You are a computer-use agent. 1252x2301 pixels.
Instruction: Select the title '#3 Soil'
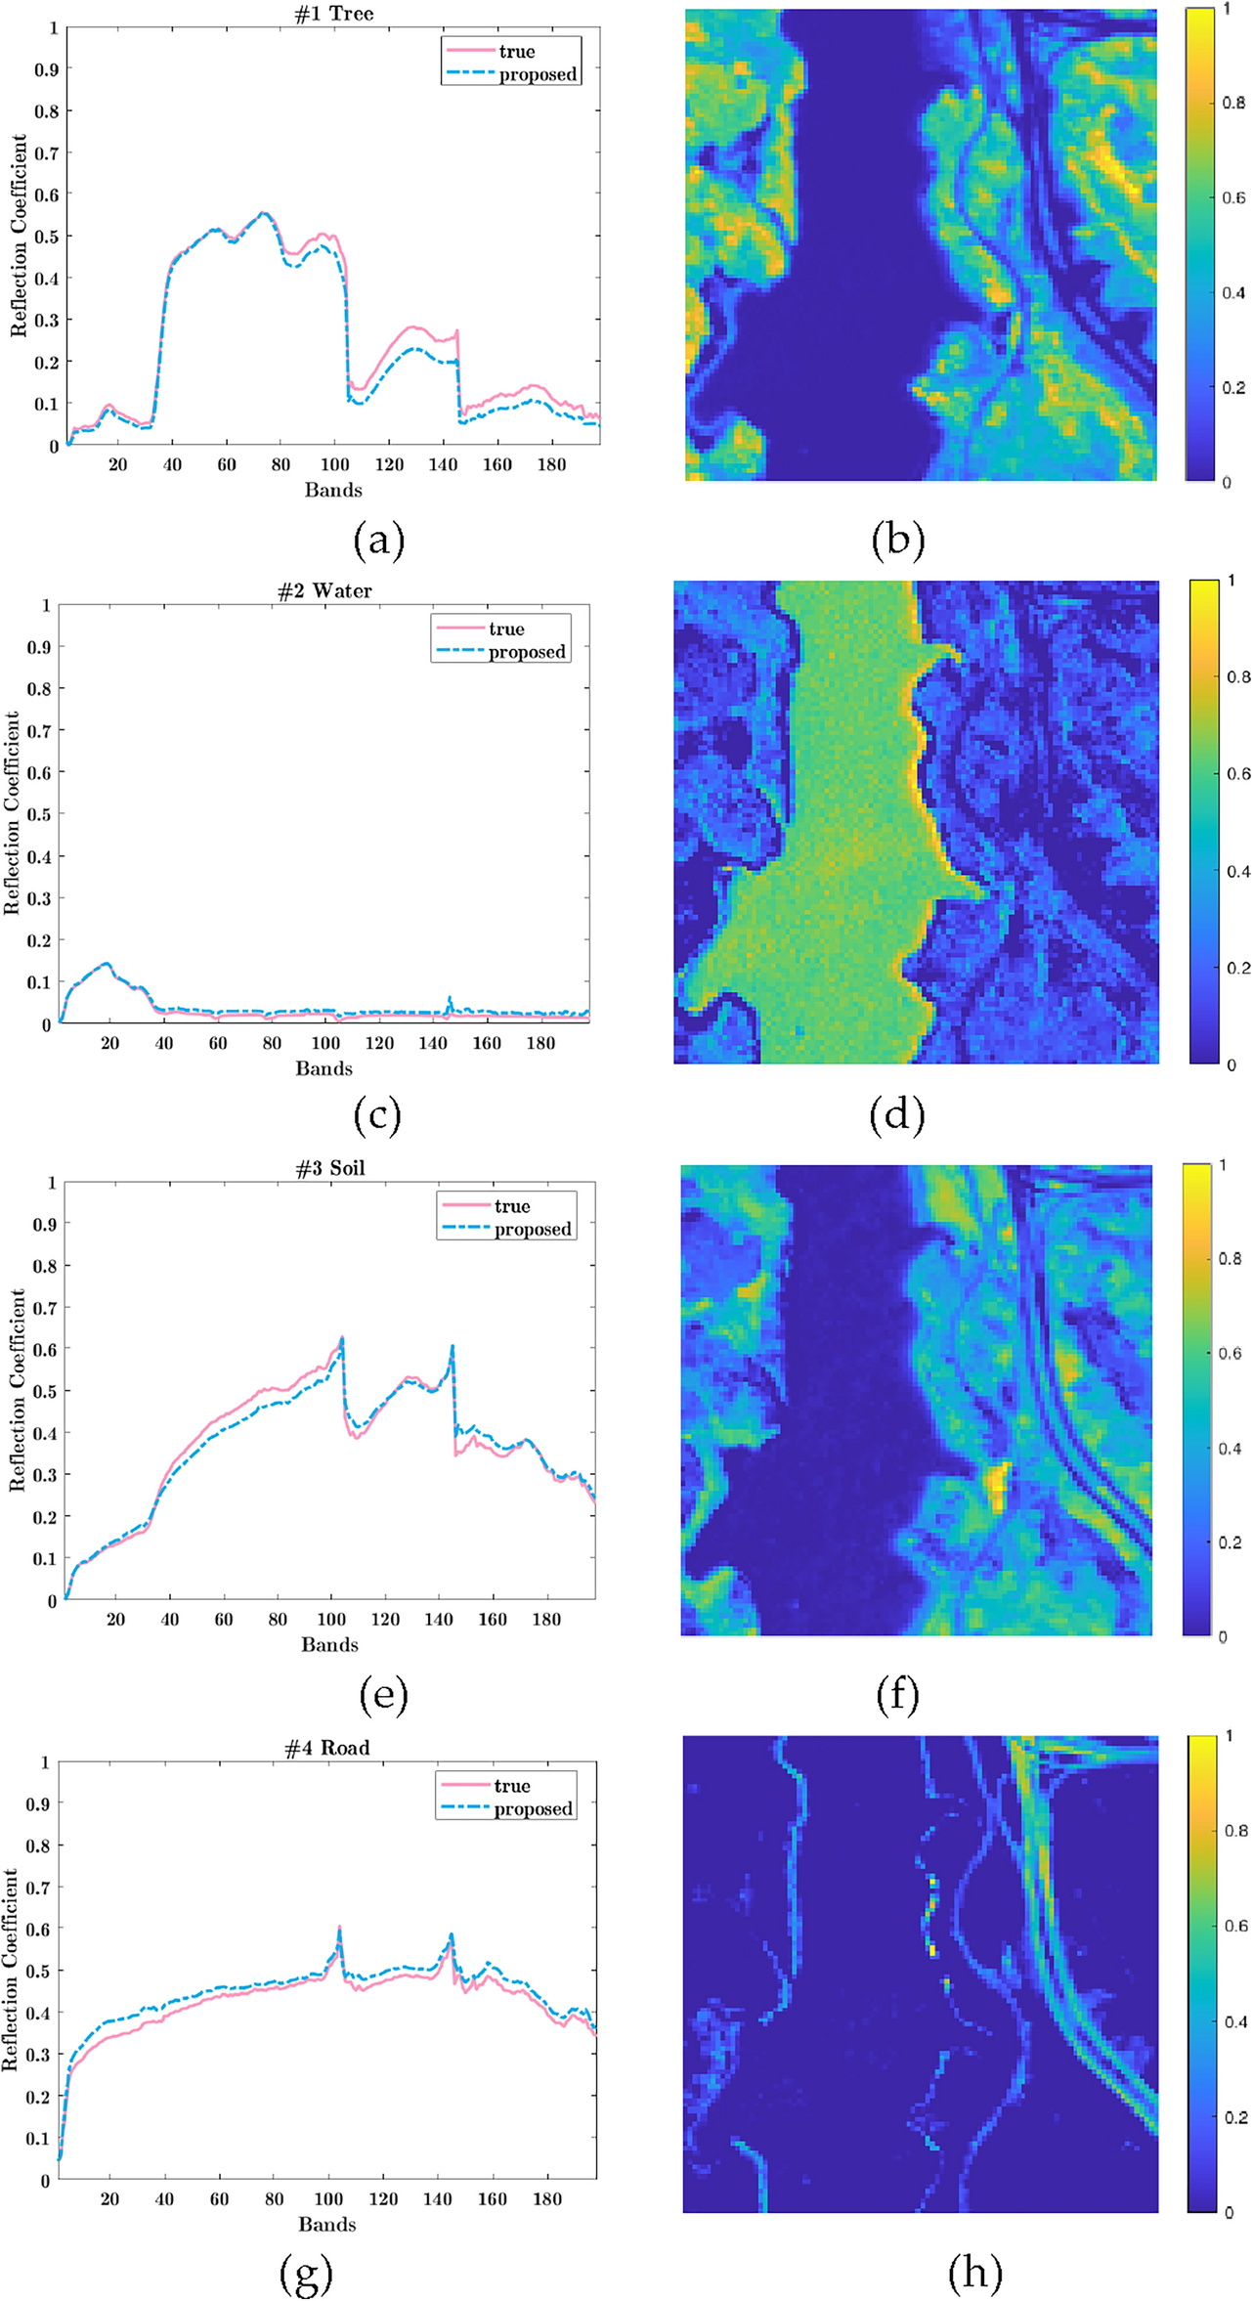[x=329, y=1168]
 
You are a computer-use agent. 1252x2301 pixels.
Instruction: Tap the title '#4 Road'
[x=326, y=1748]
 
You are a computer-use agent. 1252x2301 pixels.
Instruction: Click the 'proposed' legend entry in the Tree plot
[x=537, y=74]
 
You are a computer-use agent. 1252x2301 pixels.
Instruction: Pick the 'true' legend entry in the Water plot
[x=506, y=629]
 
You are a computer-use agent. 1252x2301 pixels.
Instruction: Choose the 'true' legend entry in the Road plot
[x=511, y=1785]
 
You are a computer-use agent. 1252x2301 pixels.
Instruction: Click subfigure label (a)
[x=379, y=540]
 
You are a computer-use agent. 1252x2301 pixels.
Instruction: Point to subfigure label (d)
[x=896, y=1115]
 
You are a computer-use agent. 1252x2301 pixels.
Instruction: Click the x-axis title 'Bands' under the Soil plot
[x=329, y=1644]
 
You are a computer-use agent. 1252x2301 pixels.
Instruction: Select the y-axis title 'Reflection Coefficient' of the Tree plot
[x=19, y=237]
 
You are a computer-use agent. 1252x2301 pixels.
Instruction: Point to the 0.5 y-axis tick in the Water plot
[x=39, y=814]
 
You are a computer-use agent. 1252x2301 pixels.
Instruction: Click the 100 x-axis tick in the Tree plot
[x=335, y=464]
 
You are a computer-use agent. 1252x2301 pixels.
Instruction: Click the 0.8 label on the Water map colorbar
[x=1238, y=676]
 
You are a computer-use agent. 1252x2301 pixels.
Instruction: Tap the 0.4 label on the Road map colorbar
[x=1236, y=2021]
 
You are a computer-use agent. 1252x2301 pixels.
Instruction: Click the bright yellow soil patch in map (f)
[x=996, y=1487]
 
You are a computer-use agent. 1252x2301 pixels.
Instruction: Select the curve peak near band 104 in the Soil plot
[x=341, y=1339]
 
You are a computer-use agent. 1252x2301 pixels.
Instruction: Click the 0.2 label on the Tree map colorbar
[x=1233, y=387]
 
